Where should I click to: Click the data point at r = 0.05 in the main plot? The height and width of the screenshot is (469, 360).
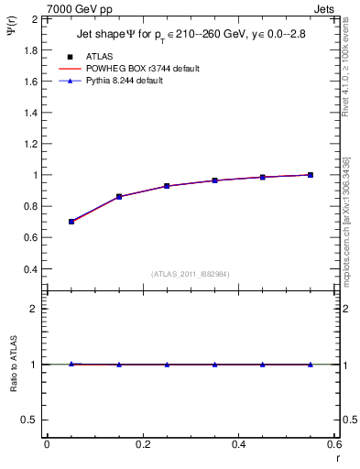71,222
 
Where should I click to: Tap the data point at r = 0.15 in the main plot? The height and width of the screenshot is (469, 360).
119,196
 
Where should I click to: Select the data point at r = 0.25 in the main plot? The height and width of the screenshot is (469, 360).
167,186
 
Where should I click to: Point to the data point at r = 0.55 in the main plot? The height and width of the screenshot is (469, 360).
311,175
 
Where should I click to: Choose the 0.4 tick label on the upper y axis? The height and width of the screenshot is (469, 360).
29,269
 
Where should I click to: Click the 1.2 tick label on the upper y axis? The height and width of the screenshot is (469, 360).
29,144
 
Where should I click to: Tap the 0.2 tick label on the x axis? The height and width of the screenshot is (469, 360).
142,444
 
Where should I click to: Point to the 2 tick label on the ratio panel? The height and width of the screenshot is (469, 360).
34,309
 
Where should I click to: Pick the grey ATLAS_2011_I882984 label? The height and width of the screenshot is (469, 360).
191,274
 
